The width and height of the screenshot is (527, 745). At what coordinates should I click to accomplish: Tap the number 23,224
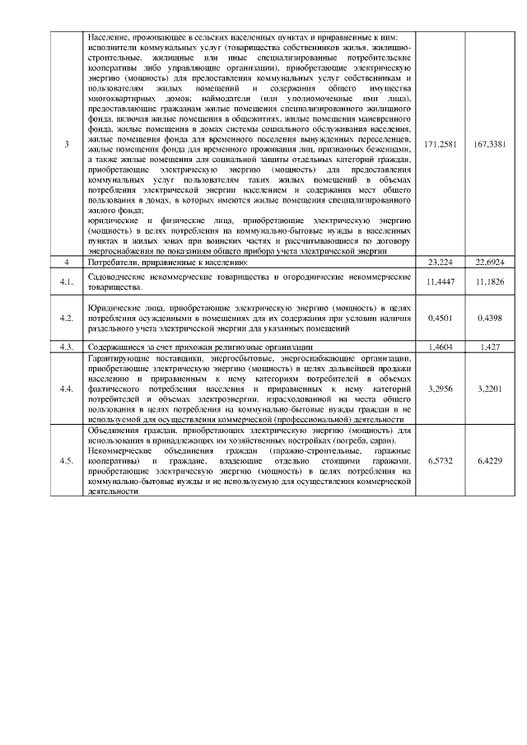440,262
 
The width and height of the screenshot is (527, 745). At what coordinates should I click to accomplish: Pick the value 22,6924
491,262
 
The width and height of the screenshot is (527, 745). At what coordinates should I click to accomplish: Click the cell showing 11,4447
440,282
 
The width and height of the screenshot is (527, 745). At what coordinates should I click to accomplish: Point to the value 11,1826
491,282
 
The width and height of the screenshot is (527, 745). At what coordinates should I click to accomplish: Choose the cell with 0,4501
440,316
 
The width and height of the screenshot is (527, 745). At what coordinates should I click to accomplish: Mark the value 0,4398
491,316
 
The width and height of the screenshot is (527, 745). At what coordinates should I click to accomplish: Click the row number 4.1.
67,282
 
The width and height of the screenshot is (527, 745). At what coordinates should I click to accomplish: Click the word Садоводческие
116,277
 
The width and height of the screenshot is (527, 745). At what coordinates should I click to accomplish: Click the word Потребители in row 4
111,262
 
